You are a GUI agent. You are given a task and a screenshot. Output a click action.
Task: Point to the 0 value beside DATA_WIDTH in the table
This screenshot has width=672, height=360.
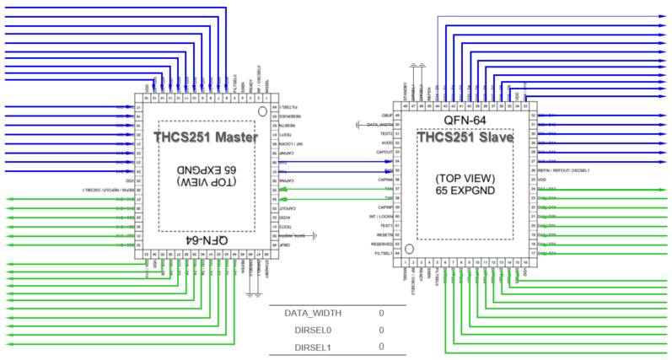(381, 313)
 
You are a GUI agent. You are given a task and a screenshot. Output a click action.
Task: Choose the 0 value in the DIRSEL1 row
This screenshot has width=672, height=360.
(381, 347)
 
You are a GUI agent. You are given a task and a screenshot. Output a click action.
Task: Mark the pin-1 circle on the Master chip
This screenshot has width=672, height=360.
(262, 110)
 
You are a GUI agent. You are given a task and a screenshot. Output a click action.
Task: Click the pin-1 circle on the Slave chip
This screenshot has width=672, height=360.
(409, 249)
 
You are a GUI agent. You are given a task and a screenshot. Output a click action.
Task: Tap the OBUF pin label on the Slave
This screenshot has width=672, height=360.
(387, 115)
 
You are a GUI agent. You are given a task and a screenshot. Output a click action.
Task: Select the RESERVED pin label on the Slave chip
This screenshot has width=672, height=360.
(382, 244)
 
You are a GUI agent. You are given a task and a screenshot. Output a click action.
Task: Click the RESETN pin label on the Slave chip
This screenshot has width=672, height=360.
(384, 235)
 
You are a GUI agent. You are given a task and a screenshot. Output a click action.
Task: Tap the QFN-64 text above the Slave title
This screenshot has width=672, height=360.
(465, 120)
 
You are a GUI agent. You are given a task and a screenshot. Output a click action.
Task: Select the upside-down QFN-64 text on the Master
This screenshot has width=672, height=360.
(205, 240)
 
